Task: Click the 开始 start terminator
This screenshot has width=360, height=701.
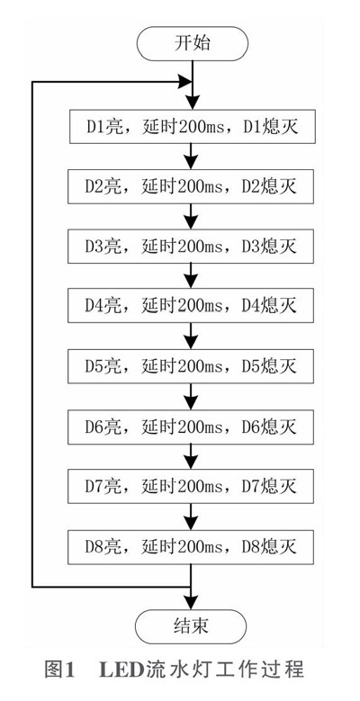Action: point(192,43)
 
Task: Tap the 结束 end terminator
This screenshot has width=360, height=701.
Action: point(191,626)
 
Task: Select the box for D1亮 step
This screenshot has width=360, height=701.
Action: point(193,127)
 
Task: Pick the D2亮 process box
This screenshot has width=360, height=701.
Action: point(191,186)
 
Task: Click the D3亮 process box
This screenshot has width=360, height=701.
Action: point(191,247)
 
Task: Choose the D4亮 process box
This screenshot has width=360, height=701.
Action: point(191,306)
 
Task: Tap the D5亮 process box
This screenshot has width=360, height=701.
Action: point(191,366)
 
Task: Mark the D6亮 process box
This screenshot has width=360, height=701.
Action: point(191,427)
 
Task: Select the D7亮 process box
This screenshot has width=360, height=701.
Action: point(191,487)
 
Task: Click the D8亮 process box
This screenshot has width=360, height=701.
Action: point(191,547)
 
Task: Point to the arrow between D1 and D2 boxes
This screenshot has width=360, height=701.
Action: point(192,157)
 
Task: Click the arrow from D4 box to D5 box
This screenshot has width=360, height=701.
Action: point(192,337)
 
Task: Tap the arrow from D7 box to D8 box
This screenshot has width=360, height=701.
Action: point(192,517)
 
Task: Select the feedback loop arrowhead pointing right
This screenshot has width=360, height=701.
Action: point(184,82)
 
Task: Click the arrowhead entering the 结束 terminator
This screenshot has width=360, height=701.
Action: point(192,601)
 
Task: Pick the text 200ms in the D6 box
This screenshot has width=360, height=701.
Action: point(200,427)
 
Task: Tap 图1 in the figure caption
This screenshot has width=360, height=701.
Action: point(58,670)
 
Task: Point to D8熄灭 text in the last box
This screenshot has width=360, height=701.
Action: point(269,547)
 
